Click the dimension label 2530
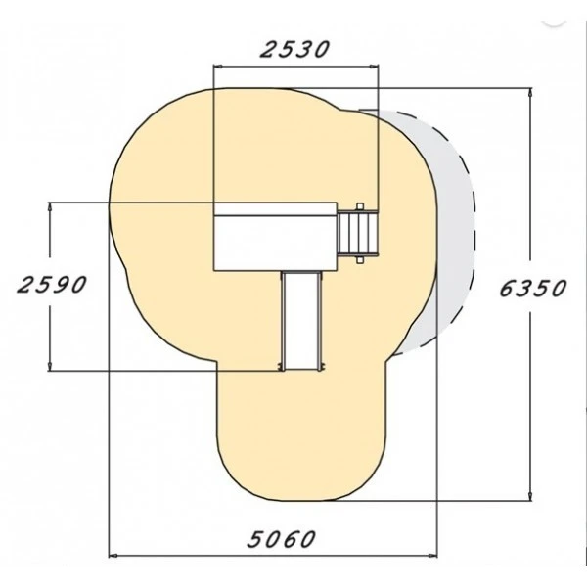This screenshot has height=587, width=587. tap(294, 50)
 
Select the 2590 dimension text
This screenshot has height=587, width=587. tap(51, 285)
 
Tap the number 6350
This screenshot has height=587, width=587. tap(532, 289)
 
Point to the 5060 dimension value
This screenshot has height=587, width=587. tap(281, 539)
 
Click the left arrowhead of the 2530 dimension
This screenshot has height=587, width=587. tap(217, 67)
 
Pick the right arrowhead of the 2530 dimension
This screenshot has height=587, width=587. tap(374, 67)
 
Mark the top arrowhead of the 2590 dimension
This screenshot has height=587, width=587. tap(50, 207)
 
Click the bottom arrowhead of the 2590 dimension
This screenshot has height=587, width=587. tap(50, 367)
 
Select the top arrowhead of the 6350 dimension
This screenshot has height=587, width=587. tap(529, 93)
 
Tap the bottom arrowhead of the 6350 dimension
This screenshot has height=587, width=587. tap(529, 495)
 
